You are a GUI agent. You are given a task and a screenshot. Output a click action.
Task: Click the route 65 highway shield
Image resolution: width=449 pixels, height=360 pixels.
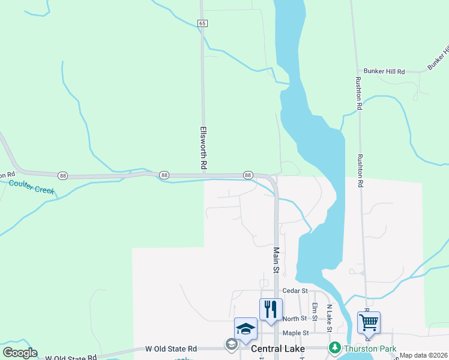[202, 23]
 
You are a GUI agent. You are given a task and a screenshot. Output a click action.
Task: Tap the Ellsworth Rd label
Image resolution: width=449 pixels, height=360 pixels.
[203, 147]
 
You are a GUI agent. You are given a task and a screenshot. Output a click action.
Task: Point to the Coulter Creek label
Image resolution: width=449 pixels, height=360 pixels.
[31, 186]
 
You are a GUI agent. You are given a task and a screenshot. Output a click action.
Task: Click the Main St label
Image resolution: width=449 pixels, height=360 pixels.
[277, 260]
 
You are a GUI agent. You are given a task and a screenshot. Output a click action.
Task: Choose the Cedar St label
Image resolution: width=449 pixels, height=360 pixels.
[295, 290]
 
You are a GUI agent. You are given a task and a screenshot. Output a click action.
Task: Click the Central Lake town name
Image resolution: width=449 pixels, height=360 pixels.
[278, 348]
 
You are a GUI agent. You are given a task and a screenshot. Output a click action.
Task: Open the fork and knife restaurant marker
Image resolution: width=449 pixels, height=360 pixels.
[270, 309]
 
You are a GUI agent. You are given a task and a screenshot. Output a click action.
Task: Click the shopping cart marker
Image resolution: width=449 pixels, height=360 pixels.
[369, 322]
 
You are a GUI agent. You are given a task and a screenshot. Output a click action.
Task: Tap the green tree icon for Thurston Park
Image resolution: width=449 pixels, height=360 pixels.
[334, 347]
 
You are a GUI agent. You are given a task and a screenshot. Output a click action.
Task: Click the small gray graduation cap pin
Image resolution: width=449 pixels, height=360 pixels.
[231, 344]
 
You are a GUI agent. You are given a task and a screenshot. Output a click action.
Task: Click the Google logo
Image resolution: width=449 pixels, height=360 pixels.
[20, 353]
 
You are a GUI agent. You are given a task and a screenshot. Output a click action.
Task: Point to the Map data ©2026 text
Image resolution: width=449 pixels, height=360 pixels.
[423, 355]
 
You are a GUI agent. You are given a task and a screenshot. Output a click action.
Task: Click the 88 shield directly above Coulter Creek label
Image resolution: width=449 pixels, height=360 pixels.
[63, 175]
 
